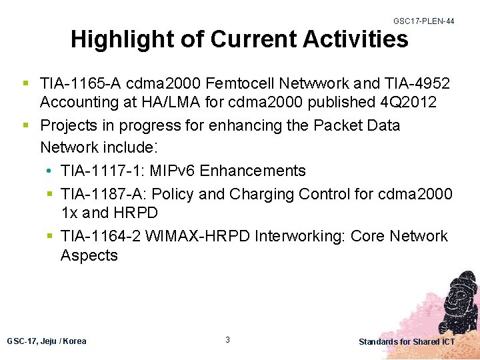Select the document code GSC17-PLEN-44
tap(424, 21)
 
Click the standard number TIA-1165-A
tap(80, 84)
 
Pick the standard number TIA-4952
tap(417, 84)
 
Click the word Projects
tap(70, 126)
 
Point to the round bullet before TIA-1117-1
tap(51, 171)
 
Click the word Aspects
tap(89, 256)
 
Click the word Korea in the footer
tap(75, 341)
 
